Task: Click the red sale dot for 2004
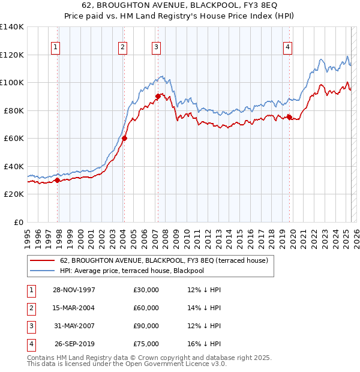[125, 138]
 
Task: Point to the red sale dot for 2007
[158, 96]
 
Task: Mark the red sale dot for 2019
[289, 117]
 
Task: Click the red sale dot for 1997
[58, 180]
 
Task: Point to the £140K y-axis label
[12, 27]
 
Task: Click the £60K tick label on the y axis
[14, 138]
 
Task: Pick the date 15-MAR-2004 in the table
[74, 308]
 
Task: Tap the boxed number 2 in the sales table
[29, 308]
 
